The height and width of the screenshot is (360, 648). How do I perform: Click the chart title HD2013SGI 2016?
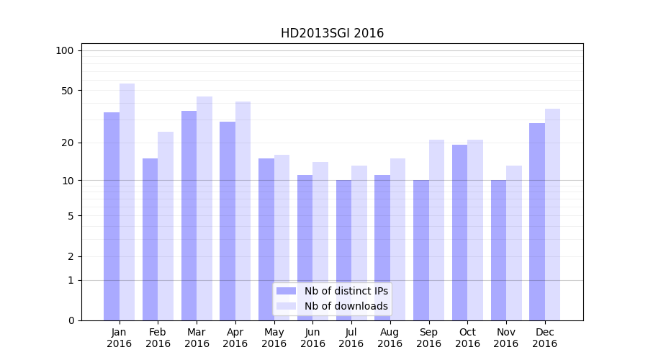(332, 33)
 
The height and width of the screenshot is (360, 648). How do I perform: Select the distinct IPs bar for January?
(112, 216)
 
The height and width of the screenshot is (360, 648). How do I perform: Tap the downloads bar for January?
(127, 202)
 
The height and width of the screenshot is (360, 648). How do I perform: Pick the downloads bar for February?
(166, 226)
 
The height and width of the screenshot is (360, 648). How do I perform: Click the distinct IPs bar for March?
(189, 215)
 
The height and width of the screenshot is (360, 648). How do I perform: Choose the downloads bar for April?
(243, 211)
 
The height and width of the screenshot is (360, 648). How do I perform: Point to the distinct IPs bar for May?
(266, 239)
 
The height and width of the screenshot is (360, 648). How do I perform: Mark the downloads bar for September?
(436, 230)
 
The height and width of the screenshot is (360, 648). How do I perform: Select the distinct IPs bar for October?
(459, 233)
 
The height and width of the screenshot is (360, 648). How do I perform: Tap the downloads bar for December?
(552, 215)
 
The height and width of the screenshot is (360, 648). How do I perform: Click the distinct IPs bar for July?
(343, 250)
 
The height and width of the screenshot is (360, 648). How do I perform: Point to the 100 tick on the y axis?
(65, 50)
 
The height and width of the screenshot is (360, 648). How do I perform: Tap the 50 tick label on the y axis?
(68, 91)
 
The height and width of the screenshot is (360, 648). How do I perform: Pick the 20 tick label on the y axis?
(68, 143)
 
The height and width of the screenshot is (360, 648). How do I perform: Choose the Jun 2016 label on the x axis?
(312, 338)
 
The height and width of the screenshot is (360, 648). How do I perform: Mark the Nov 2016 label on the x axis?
(506, 338)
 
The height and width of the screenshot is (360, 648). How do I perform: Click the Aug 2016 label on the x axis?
(390, 338)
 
